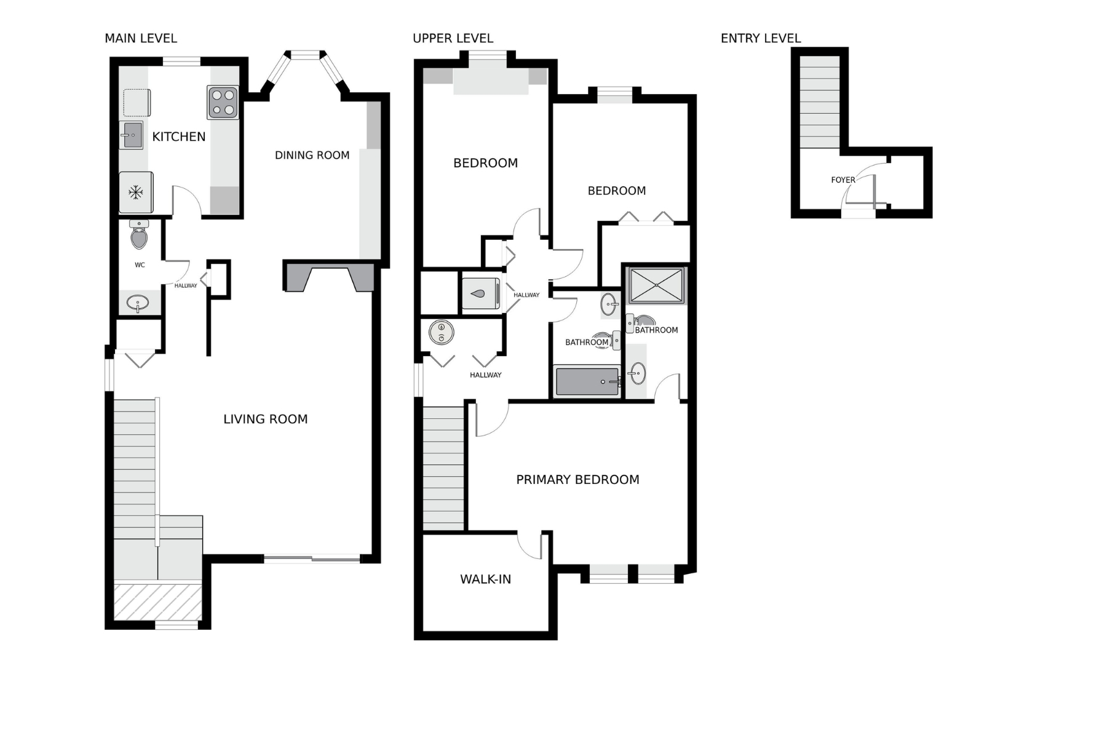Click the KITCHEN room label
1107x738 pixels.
point(178,137)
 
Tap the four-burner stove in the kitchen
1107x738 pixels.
point(223,102)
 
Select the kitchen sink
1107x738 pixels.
point(131,135)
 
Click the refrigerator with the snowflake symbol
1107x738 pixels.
point(136,192)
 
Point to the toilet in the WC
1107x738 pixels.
point(139,234)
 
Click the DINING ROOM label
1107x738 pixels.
point(312,155)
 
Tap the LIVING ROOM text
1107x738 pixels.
point(265,419)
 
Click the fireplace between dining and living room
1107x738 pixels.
point(328,276)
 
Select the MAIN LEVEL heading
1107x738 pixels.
point(141,38)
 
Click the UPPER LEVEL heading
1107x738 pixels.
point(453,38)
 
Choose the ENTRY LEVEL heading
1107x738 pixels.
point(761,38)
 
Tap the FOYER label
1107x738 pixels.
point(843,180)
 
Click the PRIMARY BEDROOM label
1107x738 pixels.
point(577,480)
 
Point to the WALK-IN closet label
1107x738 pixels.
point(485,579)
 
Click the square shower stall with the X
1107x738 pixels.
point(656,285)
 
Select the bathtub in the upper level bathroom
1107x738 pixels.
point(587,381)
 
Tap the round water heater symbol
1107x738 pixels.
point(441,333)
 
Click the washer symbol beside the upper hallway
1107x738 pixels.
point(480,294)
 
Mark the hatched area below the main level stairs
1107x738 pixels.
point(158,602)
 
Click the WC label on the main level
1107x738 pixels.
point(140,265)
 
